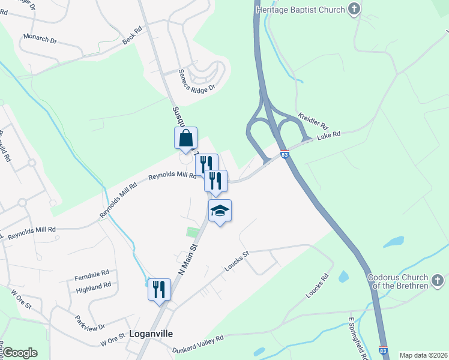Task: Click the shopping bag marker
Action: [186, 138]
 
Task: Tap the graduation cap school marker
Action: [220, 211]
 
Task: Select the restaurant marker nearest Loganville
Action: [159, 289]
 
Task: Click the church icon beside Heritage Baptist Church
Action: [355, 10]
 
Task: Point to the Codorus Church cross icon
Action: [438, 280]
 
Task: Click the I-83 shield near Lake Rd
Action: [285, 154]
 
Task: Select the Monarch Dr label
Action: [40, 39]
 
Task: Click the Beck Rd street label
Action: [132, 35]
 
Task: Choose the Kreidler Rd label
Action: [313, 119]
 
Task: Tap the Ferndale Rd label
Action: [91, 277]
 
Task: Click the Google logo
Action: [20, 353]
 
